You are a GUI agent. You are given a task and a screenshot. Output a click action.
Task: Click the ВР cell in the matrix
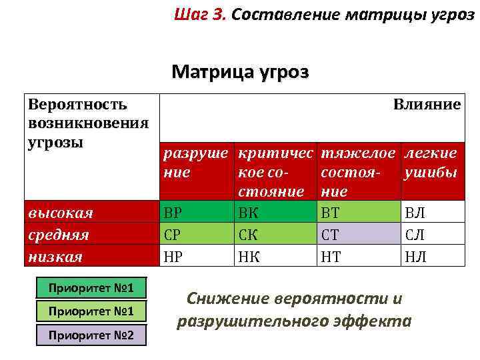point(197,213)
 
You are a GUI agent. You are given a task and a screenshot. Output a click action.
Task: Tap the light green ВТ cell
point(358,213)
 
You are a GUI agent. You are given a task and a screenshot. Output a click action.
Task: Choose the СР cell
point(197,234)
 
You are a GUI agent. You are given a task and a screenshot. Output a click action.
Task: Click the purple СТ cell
point(358,234)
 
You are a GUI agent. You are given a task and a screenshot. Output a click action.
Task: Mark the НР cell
point(197,255)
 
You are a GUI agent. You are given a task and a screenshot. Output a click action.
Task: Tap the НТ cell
point(358,255)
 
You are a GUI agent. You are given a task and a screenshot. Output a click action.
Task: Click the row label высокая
point(60,213)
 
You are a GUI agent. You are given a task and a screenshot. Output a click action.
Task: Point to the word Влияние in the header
point(427,105)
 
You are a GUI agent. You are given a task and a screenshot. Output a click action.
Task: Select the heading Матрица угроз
point(240,71)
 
